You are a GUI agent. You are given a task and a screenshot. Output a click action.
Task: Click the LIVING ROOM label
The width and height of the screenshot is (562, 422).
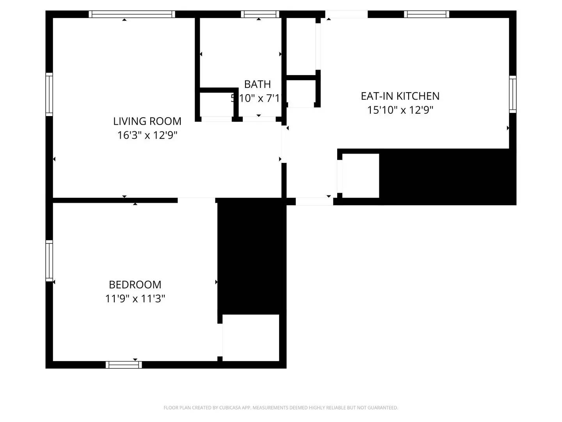[x=147, y=121]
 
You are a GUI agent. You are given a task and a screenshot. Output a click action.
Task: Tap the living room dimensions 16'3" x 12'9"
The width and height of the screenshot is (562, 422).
[x=147, y=135]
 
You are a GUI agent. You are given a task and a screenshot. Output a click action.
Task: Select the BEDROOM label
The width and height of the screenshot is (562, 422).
[x=135, y=284]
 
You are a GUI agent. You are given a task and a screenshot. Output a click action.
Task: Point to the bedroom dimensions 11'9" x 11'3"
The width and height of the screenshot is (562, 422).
[x=135, y=299]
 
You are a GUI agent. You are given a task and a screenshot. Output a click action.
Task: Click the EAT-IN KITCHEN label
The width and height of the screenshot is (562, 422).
[x=400, y=96]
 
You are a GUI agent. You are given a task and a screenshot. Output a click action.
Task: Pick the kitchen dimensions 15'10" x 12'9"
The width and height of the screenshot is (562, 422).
[x=400, y=110]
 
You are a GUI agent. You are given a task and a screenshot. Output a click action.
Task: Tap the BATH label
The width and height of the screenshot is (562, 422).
[x=257, y=84]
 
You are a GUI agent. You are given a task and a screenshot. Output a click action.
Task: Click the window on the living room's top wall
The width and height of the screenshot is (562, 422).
[x=132, y=14]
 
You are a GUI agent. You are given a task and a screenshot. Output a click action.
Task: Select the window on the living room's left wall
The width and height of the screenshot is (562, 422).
[x=49, y=94]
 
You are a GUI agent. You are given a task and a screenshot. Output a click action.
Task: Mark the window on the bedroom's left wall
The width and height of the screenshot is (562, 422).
[x=49, y=261]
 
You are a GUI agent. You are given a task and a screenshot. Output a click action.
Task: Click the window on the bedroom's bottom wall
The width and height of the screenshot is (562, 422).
[x=124, y=365]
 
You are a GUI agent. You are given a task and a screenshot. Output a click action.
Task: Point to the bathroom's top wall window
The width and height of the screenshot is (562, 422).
[x=260, y=14]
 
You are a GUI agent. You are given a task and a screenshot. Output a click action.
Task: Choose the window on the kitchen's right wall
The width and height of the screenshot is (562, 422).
[x=512, y=95]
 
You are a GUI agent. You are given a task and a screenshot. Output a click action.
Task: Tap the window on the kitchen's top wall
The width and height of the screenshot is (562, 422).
[x=427, y=14]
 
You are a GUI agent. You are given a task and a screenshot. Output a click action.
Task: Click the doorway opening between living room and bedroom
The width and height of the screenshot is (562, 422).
[x=196, y=200]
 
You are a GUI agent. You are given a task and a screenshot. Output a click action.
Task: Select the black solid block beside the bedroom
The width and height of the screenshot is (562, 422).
[x=252, y=256]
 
